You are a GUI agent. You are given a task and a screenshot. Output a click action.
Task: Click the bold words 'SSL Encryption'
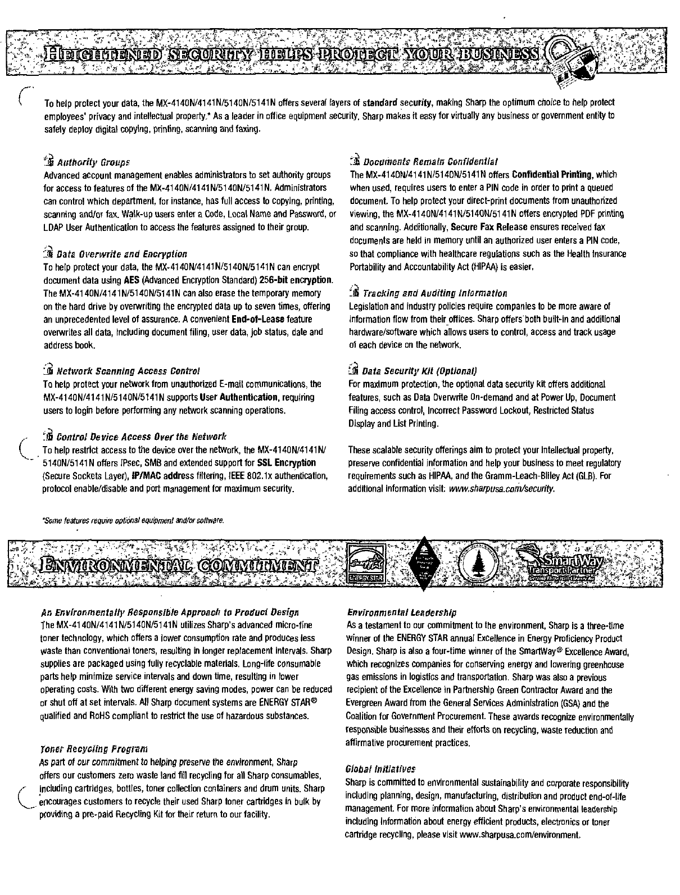286,463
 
